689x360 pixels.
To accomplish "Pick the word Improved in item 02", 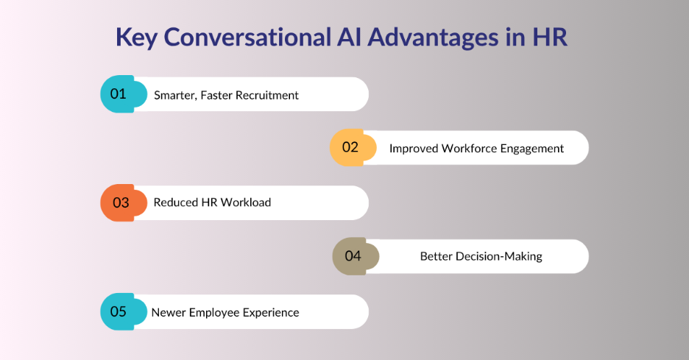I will point(414,148).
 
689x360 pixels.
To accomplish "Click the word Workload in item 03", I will point(246,202).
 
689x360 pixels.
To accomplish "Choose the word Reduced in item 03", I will point(175,202).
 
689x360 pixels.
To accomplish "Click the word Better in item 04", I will point(437,256).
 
